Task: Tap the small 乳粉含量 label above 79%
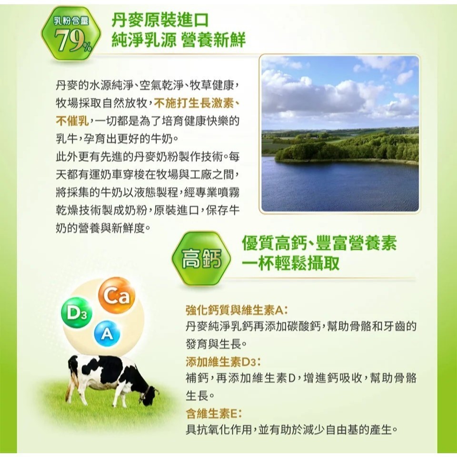[71, 20]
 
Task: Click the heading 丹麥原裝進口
[160, 20]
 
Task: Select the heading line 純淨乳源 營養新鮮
[179, 40]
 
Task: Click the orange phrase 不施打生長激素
[194, 103]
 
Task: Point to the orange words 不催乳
[72, 121]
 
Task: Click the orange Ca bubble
[117, 295]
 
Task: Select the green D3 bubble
[77, 313]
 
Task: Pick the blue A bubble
[107, 334]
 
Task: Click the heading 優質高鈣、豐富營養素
[319, 243]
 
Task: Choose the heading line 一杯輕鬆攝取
[290, 263]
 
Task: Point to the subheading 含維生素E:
[214, 413]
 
